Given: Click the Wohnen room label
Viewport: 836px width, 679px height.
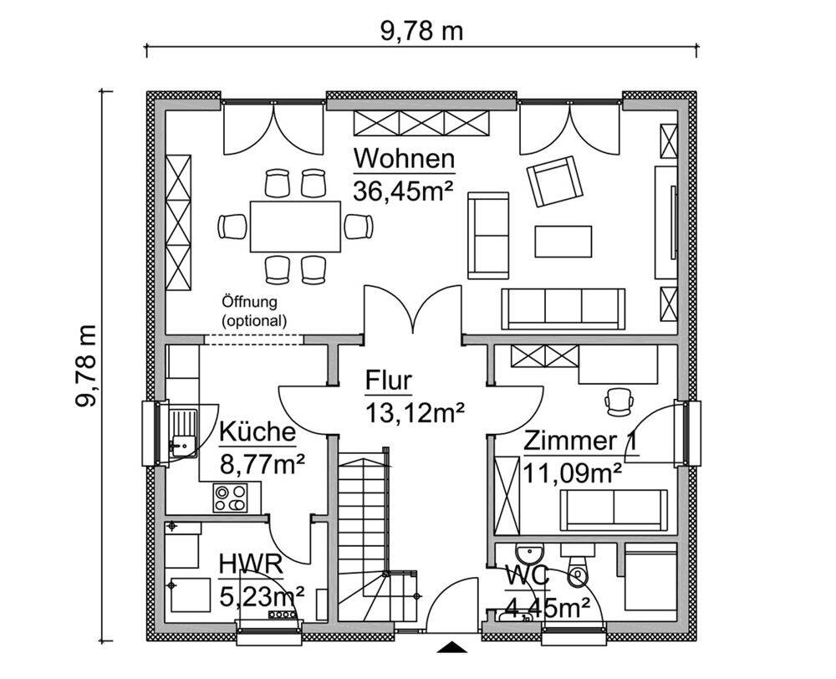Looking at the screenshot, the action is point(404,158).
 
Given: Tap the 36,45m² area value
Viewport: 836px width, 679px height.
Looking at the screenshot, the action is point(403,191).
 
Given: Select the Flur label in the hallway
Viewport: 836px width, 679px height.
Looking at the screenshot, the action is point(389,380).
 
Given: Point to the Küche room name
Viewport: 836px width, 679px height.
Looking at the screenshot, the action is point(257,431).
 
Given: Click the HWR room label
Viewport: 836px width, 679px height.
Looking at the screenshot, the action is point(250,565).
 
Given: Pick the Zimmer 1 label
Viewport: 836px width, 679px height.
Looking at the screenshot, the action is point(581,442).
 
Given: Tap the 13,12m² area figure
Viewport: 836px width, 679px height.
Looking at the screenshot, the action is point(415,413).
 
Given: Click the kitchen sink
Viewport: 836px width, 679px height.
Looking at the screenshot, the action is point(182,432).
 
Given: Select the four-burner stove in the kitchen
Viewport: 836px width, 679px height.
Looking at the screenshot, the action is point(231,498).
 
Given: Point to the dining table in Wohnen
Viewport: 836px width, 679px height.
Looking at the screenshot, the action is point(295,226).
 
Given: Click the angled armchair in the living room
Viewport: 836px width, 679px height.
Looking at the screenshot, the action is point(554,181).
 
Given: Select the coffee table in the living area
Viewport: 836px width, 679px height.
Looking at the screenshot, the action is point(563,242).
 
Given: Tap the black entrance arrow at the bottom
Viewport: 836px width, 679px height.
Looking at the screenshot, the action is point(452,647).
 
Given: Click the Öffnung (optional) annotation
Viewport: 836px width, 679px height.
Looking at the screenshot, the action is point(254,312).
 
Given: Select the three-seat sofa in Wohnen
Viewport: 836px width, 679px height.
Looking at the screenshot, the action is point(563,309).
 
